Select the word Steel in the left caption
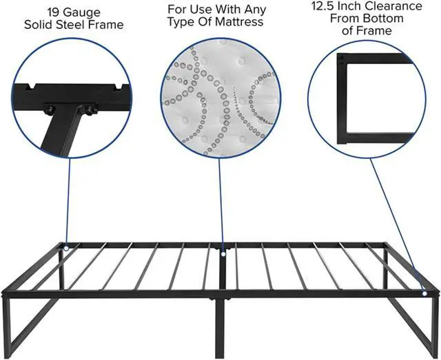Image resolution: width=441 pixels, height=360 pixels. [x=76, y=25]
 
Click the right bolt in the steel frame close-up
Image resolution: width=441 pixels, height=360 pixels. [x=88, y=109]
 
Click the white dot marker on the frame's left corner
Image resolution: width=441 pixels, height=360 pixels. [x=66, y=248]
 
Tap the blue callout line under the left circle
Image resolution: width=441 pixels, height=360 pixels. [x=68, y=200]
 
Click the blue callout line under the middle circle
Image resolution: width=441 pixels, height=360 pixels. [x=221, y=200]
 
